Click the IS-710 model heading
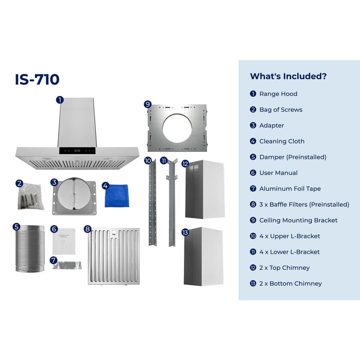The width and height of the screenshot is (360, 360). coord(37,80)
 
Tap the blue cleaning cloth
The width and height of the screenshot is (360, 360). coord(117,195)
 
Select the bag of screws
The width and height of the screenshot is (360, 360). coord(31,197)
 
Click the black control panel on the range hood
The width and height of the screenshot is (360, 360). coord(77,150)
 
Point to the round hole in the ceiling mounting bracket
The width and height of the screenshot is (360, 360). coord(177,128)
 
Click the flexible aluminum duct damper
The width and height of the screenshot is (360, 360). coord(30,249)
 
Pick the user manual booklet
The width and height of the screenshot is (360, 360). coord(64,241)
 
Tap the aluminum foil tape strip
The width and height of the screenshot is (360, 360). coord(67,265)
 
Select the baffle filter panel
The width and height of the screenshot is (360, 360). coord(114,256)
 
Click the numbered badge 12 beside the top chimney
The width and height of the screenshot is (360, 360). coord(185,164)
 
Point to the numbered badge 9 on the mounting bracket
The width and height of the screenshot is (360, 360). coord(148,104)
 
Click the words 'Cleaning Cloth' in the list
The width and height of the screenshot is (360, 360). coord(282,141)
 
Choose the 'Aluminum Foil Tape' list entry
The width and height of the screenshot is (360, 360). coord(290,189)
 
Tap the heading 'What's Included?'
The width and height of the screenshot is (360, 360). coord(288,76)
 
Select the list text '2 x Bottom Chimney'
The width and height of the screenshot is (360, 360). coord(291,284)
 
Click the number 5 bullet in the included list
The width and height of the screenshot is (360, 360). coord(253,157)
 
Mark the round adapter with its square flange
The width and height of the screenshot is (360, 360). coord(74,196)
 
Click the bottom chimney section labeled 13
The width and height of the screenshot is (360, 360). coord(203,256)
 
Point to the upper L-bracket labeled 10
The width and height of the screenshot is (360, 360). coord(153,202)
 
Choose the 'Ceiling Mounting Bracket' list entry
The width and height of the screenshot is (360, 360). coord(298,220)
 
